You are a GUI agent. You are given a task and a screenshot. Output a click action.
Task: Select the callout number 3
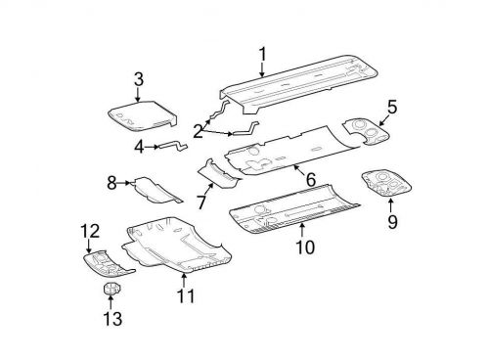tap(138, 78)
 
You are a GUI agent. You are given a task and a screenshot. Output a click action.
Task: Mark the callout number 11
tap(185, 294)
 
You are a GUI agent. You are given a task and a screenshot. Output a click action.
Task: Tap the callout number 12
tap(90, 231)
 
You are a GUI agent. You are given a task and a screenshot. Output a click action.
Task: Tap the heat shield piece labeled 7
tap(219, 172)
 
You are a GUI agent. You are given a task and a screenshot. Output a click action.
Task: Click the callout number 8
tap(111, 182)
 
